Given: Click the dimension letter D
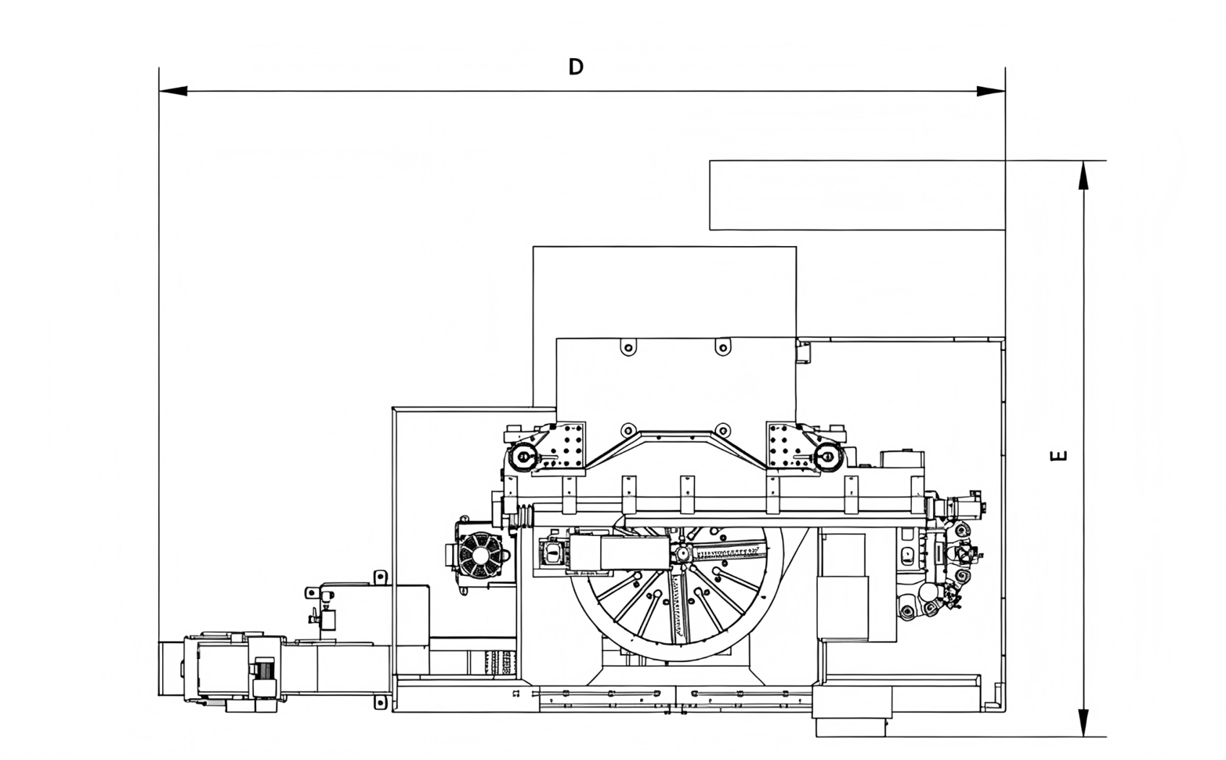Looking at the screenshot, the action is [x=576, y=67].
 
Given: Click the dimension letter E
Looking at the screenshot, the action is [x=1059, y=455].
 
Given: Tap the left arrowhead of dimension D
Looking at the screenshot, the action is [x=173, y=91].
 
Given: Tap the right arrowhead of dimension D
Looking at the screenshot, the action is [x=991, y=91].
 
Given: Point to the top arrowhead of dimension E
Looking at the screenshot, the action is [x=1083, y=176].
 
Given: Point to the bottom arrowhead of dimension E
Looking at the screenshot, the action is [x=1083, y=722].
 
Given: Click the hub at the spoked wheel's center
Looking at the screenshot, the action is [x=682, y=554].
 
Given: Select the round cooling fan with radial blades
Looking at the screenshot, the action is [x=480, y=556].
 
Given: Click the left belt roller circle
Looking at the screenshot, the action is [x=523, y=456].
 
